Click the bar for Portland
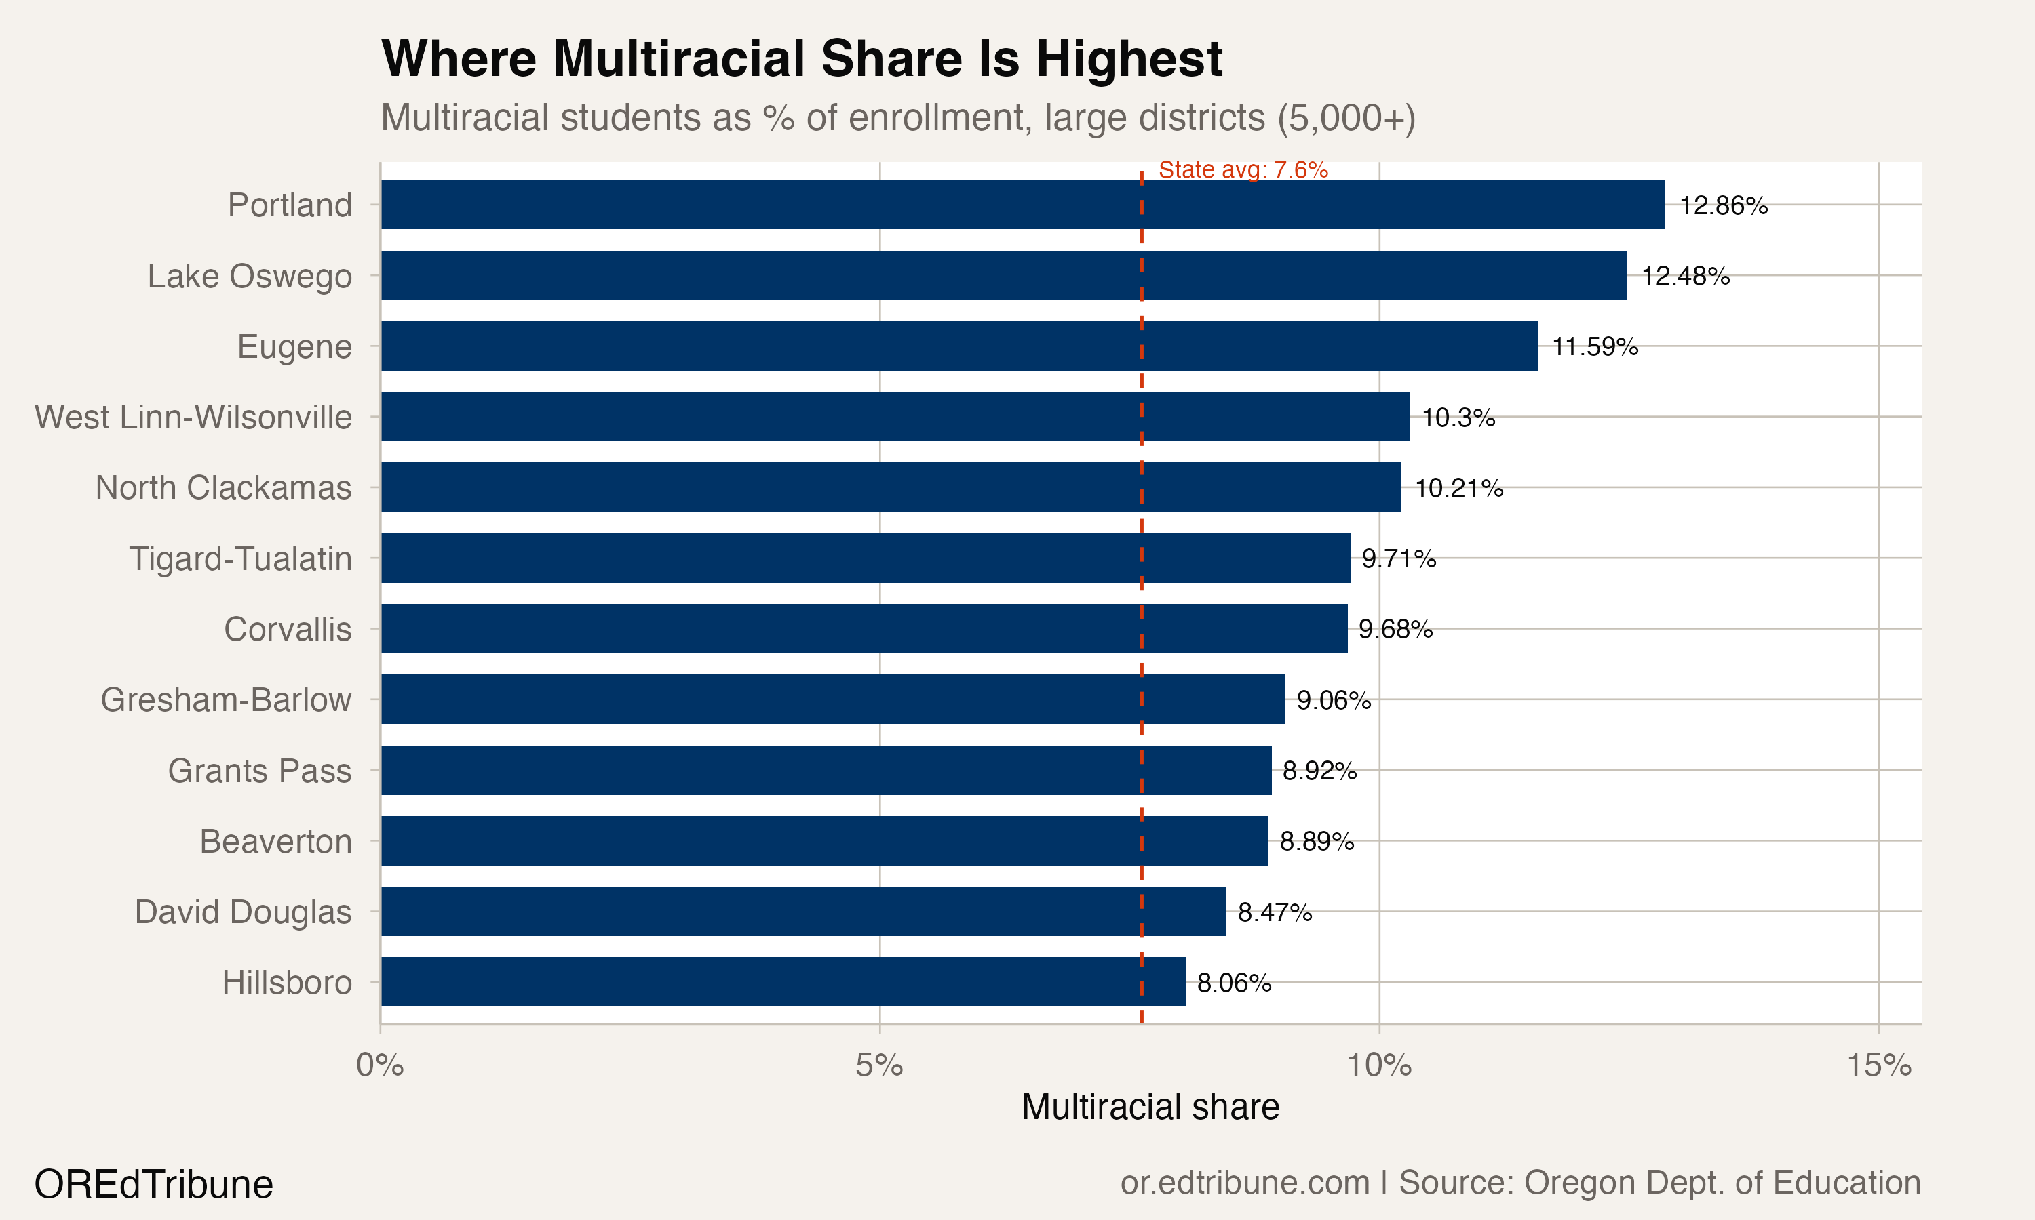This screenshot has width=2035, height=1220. pos(1022,205)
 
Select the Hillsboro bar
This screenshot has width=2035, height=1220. pos(783,981)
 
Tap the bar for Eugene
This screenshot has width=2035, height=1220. pos(959,346)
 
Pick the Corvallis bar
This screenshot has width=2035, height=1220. pos(864,629)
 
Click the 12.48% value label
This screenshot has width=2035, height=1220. pos(1686,277)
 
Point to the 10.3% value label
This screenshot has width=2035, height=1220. pos(1458,418)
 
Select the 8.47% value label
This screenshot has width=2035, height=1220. pos(1274,912)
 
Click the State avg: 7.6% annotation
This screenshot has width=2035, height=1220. pos(1243,170)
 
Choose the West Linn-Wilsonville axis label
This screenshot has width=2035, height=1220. pos(193,418)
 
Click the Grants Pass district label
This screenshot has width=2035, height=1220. pos(260,771)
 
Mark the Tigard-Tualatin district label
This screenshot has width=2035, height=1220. pos(241,559)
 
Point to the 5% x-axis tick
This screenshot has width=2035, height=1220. pos(879,1065)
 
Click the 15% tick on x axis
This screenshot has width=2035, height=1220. pos(1879,1065)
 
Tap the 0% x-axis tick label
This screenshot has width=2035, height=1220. pos(380,1065)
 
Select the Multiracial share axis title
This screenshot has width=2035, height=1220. pos(1150,1107)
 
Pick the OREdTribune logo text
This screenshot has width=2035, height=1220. pos(154,1185)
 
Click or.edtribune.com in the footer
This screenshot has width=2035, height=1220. pos(1245,1183)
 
